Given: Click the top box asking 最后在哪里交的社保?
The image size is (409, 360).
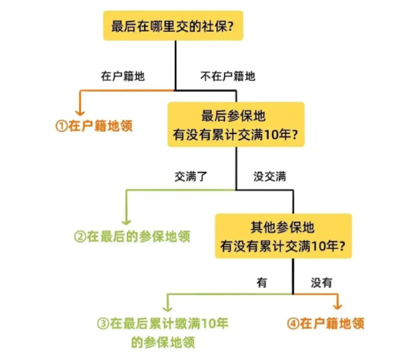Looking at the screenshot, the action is (173, 25).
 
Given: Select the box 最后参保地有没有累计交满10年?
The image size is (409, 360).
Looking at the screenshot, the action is (236, 125).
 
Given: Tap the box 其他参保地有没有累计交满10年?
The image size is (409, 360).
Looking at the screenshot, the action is (283, 236).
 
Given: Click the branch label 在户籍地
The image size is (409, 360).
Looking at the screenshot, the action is (122, 76).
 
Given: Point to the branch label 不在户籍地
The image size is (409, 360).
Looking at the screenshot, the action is (228, 76).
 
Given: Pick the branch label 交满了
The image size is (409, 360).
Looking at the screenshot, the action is (191, 177).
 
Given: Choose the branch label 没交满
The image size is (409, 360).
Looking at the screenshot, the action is (270, 177).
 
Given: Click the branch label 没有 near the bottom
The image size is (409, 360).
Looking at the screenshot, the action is (321, 282).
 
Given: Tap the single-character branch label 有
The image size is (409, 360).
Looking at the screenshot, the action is (262, 282).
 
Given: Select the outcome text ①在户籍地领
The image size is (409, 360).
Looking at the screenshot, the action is (94, 126).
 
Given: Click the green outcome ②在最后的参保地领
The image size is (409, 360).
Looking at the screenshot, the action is (132, 237).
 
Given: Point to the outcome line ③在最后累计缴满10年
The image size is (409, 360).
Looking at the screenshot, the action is (163, 324).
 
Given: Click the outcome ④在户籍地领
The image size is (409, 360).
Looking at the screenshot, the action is (326, 324).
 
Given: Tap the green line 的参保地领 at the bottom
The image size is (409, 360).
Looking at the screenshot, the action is (163, 342).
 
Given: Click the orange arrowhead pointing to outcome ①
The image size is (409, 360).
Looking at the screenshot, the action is (80, 113).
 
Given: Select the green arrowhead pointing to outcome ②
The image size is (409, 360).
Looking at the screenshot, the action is (126, 222).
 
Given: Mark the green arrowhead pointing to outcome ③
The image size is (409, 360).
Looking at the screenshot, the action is (167, 309).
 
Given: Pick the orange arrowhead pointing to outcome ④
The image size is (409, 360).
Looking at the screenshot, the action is (337, 307).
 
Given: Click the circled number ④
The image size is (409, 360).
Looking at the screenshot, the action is (293, 324).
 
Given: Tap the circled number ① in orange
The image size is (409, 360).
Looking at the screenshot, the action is (62, 126).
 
